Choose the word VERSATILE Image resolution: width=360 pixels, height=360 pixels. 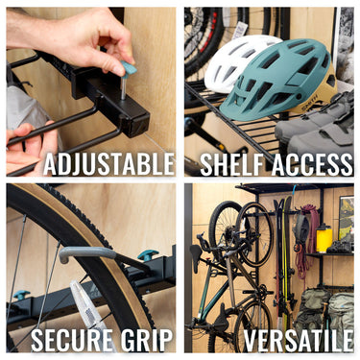pos(297,340)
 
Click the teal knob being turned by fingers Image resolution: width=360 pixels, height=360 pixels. pos(129,68)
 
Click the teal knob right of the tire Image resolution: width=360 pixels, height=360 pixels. pos(147,255)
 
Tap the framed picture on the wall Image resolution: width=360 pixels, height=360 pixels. pos(345,218)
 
